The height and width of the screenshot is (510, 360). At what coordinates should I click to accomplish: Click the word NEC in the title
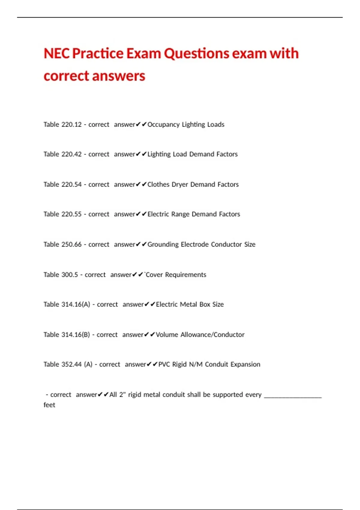[56, 54]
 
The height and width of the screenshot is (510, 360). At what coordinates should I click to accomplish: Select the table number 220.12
[71, 124]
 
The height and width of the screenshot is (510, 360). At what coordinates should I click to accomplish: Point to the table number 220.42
[71, 154]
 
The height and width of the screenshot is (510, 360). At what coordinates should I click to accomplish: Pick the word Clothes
[158, 184]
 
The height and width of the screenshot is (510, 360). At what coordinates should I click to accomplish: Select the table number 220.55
[71, 214]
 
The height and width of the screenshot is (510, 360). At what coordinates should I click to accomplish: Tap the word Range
[180, 214]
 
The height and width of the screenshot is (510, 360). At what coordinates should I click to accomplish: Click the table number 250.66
[71, 244]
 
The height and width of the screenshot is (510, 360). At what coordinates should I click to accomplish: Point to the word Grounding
[163, 244]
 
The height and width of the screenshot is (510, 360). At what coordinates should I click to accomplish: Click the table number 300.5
[70, 275]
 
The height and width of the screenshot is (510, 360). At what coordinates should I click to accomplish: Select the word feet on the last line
[49, 405]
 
